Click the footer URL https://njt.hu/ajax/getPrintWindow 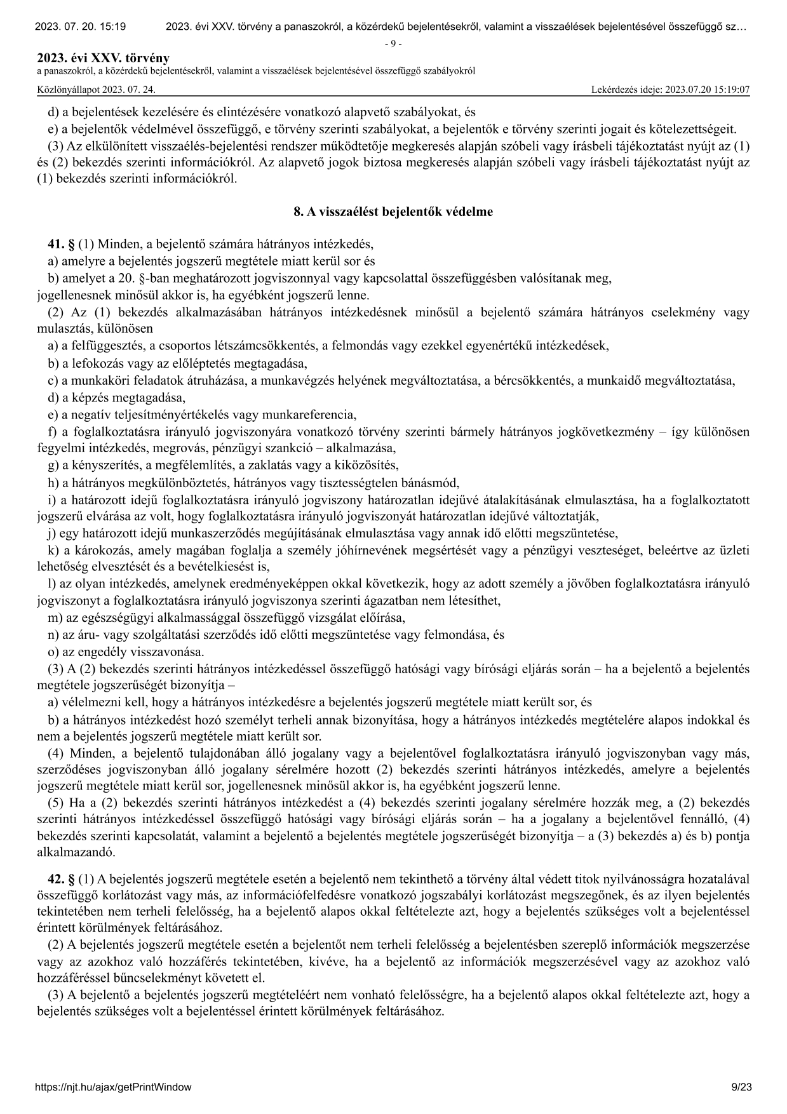114,1087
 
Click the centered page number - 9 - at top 393,44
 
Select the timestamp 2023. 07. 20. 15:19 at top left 80,27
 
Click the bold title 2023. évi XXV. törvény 104,59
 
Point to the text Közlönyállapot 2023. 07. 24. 97,90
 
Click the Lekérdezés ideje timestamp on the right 670,90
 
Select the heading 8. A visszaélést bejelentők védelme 393,212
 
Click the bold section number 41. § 62,244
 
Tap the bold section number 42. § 62,879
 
